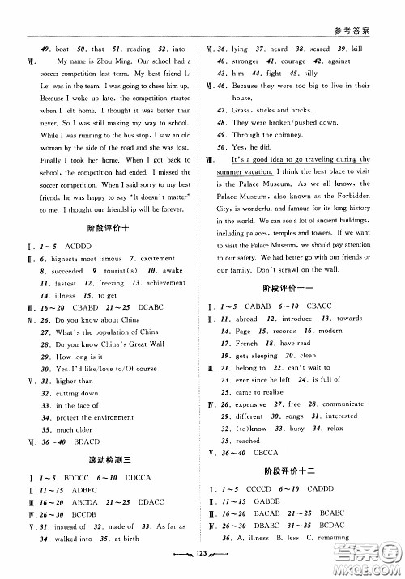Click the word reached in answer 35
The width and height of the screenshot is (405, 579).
pos(247,441)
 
